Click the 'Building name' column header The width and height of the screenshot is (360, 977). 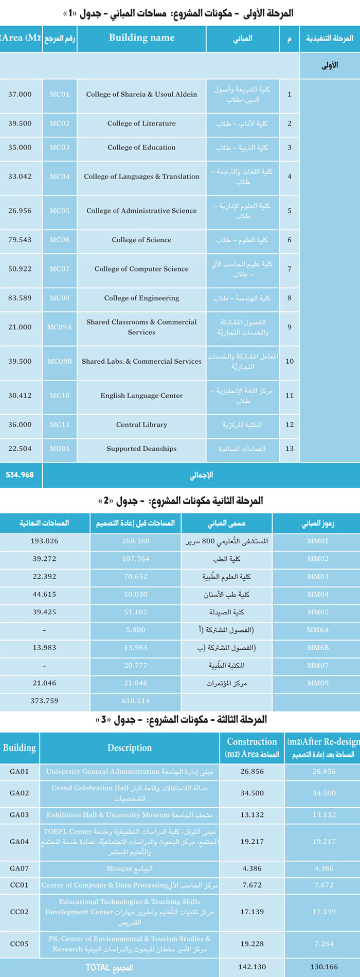click(141, 38)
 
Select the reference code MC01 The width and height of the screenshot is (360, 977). click(60, 94)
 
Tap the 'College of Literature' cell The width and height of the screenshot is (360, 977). click(141, 123)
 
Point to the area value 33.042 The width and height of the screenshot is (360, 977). click(20, 176)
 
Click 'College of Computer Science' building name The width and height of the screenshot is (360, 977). click(141, 269)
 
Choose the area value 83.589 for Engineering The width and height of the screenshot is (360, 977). click(20, 298)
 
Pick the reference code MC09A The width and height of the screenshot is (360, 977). click(60, 327)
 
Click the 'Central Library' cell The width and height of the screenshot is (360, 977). click(141, 425)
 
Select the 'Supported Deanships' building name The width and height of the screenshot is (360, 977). click(141, 449)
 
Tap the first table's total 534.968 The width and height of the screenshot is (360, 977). click(20, 475)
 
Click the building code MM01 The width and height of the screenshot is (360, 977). click(318, 541)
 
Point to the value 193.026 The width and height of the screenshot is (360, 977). click(44, 541)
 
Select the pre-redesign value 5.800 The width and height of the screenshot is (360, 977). click(136, 630)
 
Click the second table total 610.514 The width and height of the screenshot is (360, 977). click(136, 701)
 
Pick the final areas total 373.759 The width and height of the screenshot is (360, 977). click(44, 701)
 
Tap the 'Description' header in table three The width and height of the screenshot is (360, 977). click(130, 748)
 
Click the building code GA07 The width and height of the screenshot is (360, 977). click(20, 868)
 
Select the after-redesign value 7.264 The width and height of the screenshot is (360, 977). click(324, 944)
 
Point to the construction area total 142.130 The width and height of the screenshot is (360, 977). click(252, 967)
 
